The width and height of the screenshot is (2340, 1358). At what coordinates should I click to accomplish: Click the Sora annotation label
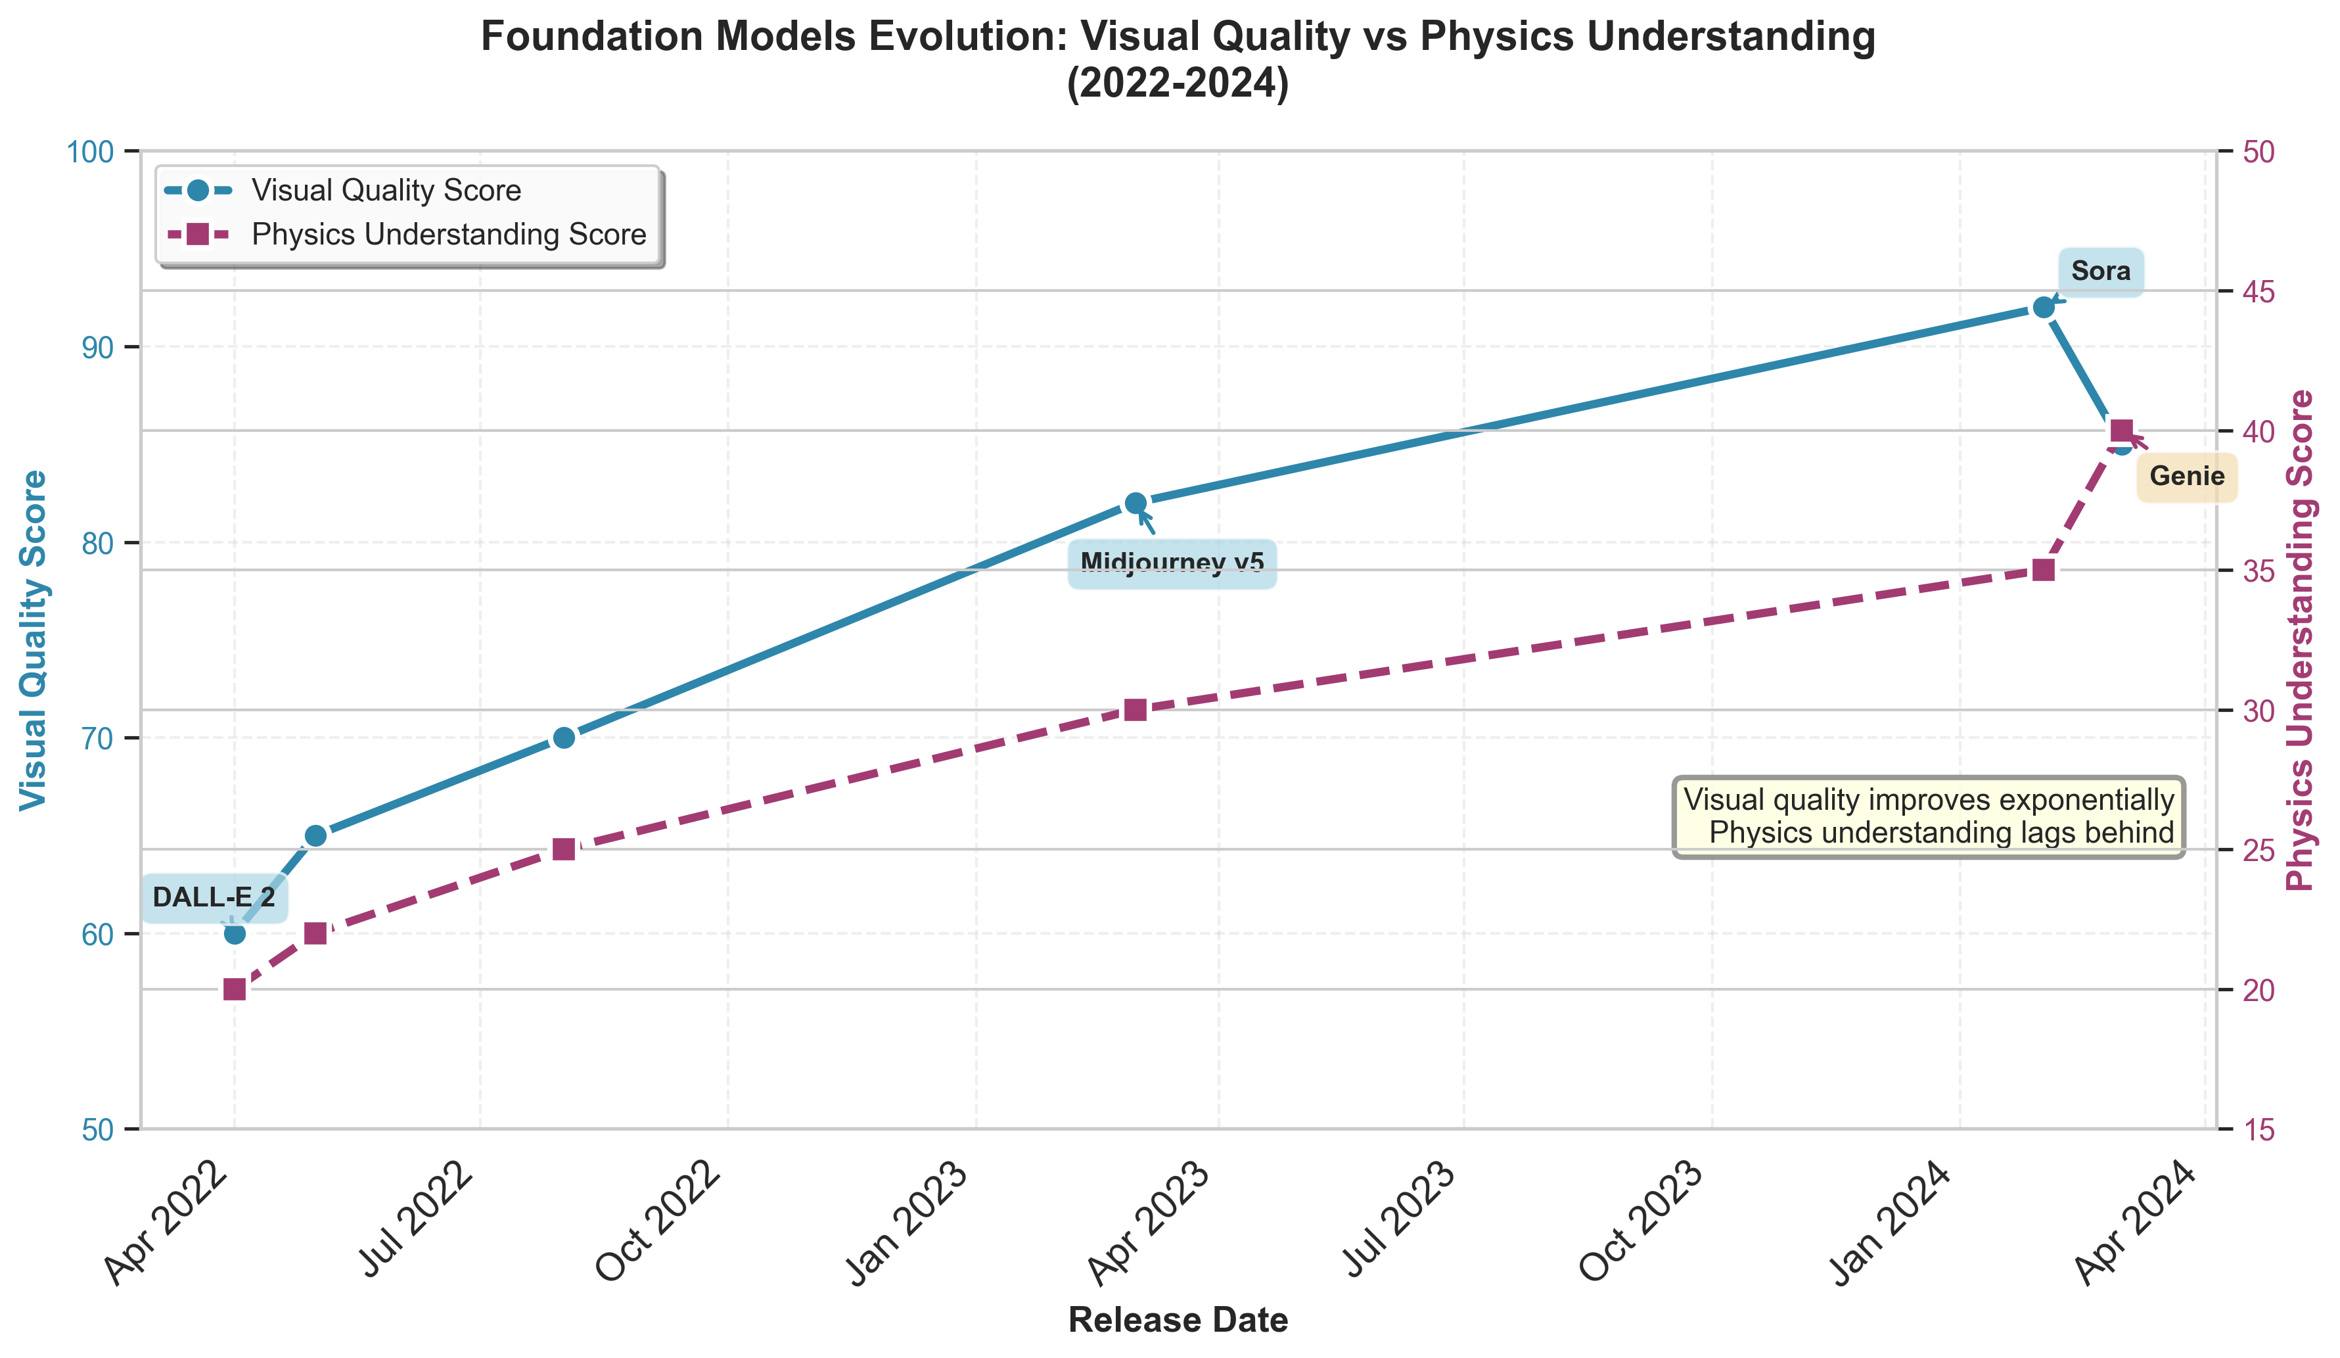pyautogui.click(x=2100, y=271)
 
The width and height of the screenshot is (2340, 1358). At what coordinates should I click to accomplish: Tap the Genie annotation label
pyautogui.click(x=2187, y=477)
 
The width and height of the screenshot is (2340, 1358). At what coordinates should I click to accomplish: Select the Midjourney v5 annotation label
pyautogui.click(x=1172, y=563)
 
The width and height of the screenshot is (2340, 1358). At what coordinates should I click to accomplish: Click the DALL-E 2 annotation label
pyautogui.click(x=214, y=897)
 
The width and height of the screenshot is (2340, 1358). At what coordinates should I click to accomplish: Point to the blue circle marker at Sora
pyautogui.click(x=2043, y=308)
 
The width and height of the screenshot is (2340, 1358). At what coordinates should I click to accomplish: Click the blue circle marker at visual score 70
pyautogui.click(x=564, y=738)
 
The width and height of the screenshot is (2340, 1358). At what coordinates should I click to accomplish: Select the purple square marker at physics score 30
pyautogui.click(x=1135, y=710)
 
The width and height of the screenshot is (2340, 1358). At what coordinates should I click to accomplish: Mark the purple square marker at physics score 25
pyautogui.click(x=564, y=849)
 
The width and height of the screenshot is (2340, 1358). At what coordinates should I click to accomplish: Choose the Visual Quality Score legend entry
pyautogui.click(x=385, y=191)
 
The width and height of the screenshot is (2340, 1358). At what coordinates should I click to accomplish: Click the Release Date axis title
pyautogui.click(x=1178, y=1320)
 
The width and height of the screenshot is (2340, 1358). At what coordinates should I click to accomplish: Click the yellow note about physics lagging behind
pyautogui.click(x=1929, y=816)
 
